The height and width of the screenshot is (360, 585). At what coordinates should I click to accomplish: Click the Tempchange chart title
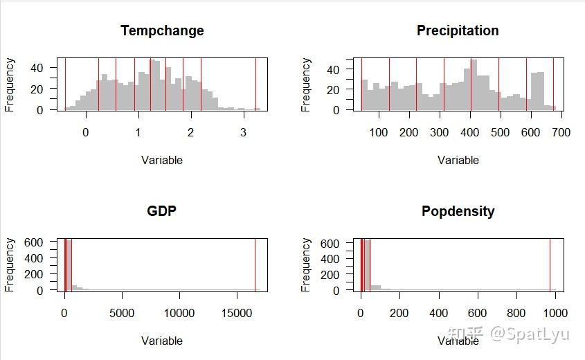[162, 31]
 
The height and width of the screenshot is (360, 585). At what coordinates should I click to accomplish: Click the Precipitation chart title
[458, 31]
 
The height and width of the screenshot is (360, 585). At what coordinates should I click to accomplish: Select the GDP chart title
[162, 211]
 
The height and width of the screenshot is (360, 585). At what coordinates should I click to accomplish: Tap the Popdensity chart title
[458, 211]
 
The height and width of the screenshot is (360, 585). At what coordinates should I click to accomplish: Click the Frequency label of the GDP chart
[10, 264]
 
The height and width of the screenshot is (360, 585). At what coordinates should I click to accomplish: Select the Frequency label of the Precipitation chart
[306, 84]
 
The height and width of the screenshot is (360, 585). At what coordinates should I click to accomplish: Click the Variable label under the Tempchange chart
[162, 161]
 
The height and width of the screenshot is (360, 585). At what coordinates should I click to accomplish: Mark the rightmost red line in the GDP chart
[255, 264]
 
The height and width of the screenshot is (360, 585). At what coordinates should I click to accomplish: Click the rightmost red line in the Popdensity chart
[550, 264]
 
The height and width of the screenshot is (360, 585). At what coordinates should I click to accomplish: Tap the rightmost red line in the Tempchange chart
[255, 84]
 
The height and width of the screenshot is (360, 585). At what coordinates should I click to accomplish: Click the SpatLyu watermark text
[530, 334]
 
